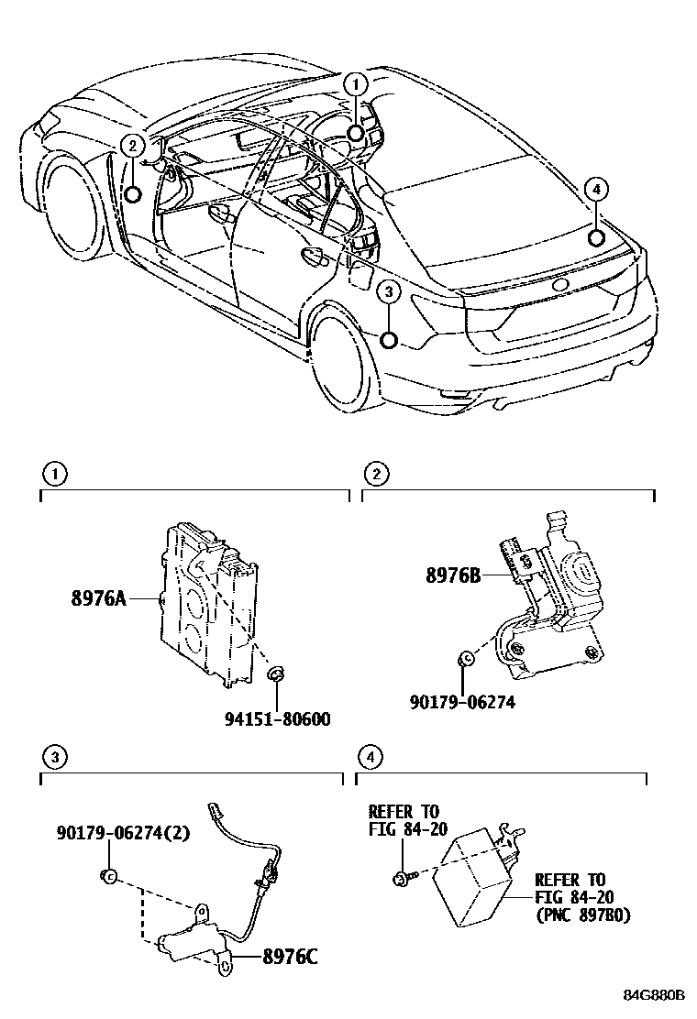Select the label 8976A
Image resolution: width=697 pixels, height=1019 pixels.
click(x=98, y=599)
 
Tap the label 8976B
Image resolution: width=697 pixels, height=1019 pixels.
click(x=453, y=576)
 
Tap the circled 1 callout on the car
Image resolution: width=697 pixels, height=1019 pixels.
click(x=356, y=84)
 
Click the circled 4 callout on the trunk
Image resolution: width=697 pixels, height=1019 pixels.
click(x=596, y=190)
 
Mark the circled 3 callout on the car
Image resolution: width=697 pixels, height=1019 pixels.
click(x=389, y=292)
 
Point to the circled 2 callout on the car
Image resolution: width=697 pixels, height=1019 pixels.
click(x=133, y=144)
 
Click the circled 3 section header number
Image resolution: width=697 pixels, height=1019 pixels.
click(x=55, y=757)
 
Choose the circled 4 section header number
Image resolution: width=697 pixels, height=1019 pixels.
click(x=369, y=757)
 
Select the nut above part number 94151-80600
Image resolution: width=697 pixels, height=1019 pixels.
click(x=274, y=676)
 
